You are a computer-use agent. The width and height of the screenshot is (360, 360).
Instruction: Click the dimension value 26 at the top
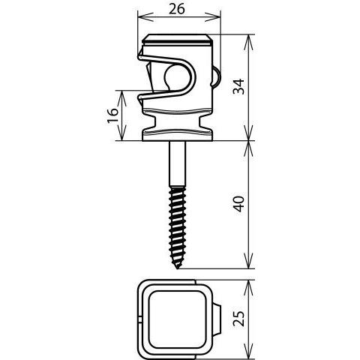pos(177,9)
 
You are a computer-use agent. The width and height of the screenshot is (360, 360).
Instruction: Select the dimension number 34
pos(238,86)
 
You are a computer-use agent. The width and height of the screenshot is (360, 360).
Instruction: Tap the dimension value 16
pos(112,115)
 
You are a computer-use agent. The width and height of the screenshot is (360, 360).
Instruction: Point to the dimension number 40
pos(239,204)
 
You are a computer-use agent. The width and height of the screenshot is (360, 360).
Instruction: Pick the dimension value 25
pos(238,319)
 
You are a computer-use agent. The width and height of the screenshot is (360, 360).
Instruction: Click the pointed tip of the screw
pos(177,268)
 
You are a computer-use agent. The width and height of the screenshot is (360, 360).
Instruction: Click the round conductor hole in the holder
pos(177,77)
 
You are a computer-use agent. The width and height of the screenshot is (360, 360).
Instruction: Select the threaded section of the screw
pos(177,227)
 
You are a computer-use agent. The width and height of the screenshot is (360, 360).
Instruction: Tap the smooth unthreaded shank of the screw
pos(177,163)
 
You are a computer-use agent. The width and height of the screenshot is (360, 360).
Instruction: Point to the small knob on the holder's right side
pos(216,77)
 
